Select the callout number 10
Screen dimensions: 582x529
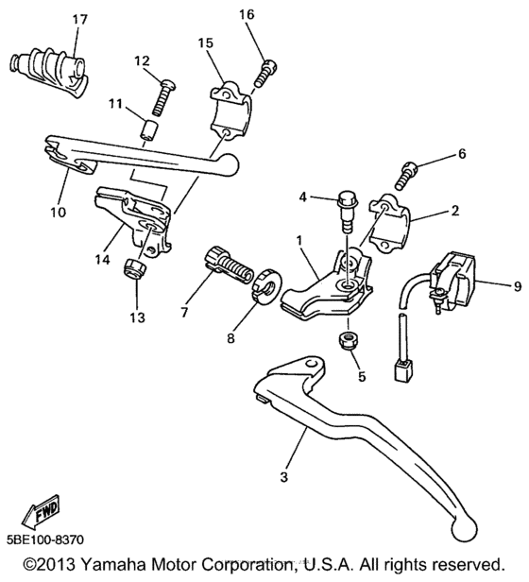tap(58, 212)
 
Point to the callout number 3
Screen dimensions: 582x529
tap(282, 478)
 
